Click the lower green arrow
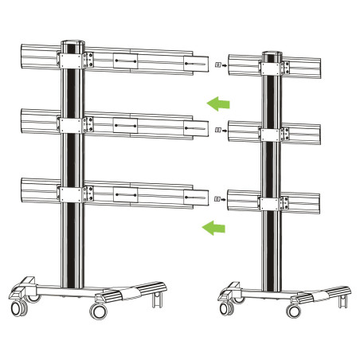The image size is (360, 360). [x=213, y=229]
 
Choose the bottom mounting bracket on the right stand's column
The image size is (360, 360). [x=275, y=198]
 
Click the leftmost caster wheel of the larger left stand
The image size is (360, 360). [x=16, y=307]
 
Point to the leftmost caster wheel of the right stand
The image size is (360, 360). [x=224, y=304]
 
